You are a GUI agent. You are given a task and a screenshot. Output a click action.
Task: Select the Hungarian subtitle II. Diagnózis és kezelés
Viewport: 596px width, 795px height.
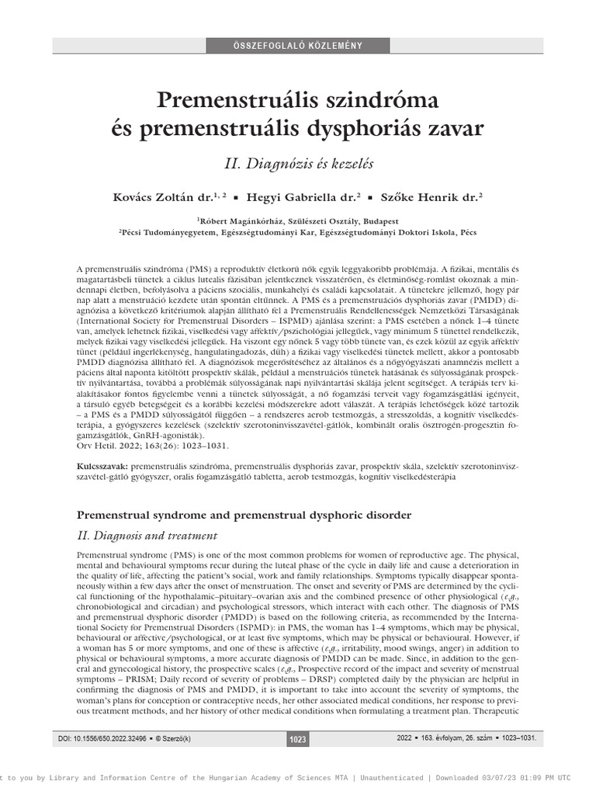[298, 164]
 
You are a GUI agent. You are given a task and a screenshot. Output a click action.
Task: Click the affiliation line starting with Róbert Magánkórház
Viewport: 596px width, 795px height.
[298, 220]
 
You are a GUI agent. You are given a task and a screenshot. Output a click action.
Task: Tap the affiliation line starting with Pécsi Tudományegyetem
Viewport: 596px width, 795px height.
[298, 231]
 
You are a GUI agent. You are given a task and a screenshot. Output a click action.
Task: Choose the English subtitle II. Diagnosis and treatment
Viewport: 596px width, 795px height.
[148, 536]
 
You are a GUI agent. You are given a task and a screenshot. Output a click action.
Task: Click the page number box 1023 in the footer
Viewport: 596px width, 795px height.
[298, 739]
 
